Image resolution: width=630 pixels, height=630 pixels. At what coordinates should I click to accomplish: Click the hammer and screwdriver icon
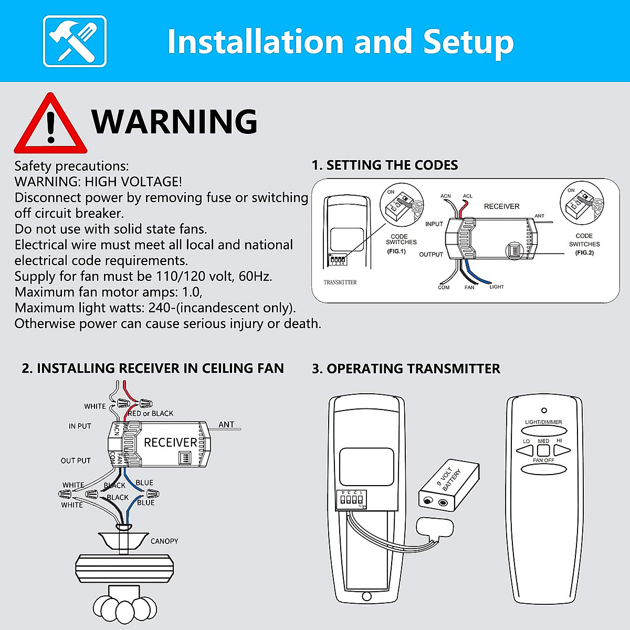(x=75, y=41)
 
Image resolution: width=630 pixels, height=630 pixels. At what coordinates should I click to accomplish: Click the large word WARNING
(x=174, y=122)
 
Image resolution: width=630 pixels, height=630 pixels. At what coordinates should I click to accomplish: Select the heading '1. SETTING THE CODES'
(x=384, y=165)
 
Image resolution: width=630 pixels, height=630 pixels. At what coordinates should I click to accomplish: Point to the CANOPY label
(x=164, y=541)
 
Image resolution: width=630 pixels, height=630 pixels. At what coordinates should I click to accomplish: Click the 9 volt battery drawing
(x=449, y=485)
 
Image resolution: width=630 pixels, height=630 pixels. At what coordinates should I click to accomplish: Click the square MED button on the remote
(x=543, y=450)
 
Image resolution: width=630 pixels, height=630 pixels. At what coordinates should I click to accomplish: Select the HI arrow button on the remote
(x=561, y=450)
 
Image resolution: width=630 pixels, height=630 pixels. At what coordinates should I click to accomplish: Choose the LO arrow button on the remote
(x=526, y=450)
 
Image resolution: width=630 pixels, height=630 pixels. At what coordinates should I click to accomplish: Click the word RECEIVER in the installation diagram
(x=170, y=443)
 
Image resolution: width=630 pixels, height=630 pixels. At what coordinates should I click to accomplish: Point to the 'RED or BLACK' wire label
(x=151, y=414)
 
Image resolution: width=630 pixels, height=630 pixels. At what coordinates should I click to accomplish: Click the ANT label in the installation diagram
(x=226, y=424)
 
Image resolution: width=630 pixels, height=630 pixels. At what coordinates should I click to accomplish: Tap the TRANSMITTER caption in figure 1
(x=340, y=282)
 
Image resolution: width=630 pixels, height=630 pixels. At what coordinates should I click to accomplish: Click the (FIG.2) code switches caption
(x=584, y=253)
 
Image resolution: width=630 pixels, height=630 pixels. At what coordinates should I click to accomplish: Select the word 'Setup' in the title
(x=468, y=42)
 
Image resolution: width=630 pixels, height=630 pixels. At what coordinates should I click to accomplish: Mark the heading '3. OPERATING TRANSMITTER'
(x=406, y=369)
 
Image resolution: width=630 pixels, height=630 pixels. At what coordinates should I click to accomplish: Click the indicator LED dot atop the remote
(x=544, y=410)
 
